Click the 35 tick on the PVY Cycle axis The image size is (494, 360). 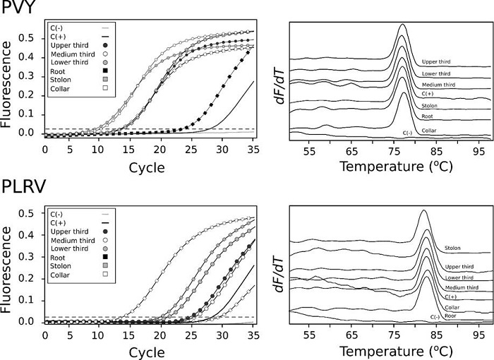point(254,150)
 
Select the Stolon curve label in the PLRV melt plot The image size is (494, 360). point(452,248)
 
